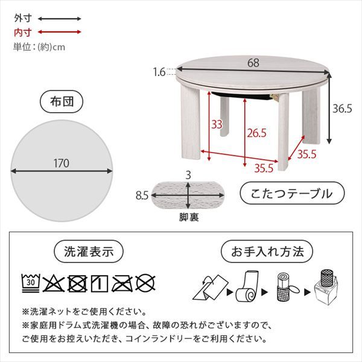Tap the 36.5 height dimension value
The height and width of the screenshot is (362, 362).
(x=342, y=109)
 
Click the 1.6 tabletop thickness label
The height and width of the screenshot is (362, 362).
(x=159, y=72)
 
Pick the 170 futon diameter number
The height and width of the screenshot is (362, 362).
(x=60, y=163)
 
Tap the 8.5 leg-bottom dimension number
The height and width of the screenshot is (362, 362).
(x=142, y=195)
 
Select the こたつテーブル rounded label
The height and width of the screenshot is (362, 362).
(x=291, y=194)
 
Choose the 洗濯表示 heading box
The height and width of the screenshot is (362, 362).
(x=88, y=250)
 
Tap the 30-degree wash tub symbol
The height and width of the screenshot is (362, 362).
(x=30, y=281)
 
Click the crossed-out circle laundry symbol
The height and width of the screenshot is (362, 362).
(x=144, y=281)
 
